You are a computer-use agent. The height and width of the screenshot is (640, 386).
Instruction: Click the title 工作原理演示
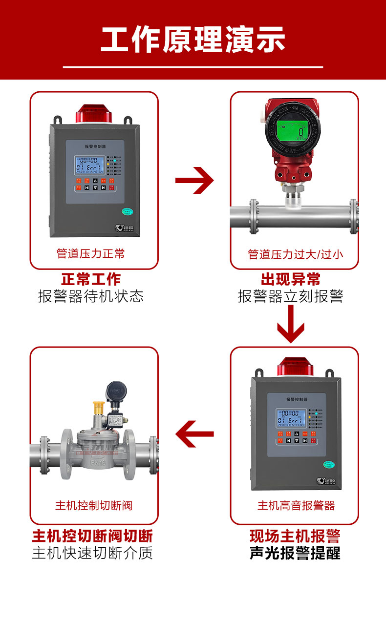click(193, 40)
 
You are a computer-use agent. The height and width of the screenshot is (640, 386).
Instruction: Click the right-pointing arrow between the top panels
click(194, 181)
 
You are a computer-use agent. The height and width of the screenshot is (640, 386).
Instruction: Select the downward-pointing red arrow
click(291, 326)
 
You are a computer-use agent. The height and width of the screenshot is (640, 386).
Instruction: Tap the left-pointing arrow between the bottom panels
click(195, 434)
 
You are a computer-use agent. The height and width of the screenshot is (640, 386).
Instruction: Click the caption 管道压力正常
click(91, 254)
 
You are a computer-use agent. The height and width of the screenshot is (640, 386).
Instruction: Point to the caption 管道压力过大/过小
click(295, 254)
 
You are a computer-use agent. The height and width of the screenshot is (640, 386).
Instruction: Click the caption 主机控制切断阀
click(94, 505)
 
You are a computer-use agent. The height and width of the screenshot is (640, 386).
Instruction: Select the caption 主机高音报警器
click(296, 505)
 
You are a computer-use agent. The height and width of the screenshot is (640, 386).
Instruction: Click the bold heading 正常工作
click(91, 279)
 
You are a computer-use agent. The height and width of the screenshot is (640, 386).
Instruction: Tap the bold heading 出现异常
click(291, 279)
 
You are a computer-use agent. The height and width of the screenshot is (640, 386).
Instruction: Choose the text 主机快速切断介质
click(92, 553)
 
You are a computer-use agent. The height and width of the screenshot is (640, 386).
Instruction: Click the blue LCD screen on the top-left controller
click(90, 166)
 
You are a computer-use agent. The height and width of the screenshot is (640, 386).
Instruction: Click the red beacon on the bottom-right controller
click(295, 367)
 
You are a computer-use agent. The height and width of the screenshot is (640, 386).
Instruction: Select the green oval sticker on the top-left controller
click(128, 211)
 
